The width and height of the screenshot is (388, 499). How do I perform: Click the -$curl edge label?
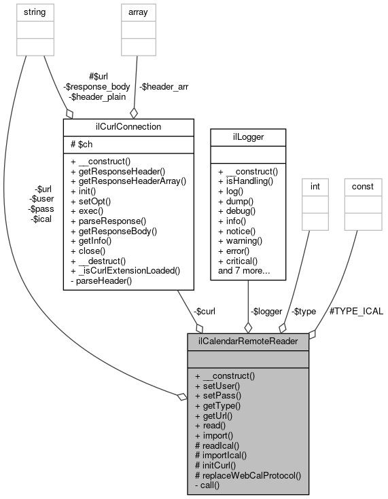206,312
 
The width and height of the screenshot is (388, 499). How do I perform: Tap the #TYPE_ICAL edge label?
356,312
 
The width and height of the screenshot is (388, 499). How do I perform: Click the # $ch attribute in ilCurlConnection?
81,145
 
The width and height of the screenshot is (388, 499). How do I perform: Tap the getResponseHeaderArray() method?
128,183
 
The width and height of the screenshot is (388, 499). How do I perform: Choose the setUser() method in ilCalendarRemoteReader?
214,386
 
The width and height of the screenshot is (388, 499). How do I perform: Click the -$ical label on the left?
42,221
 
